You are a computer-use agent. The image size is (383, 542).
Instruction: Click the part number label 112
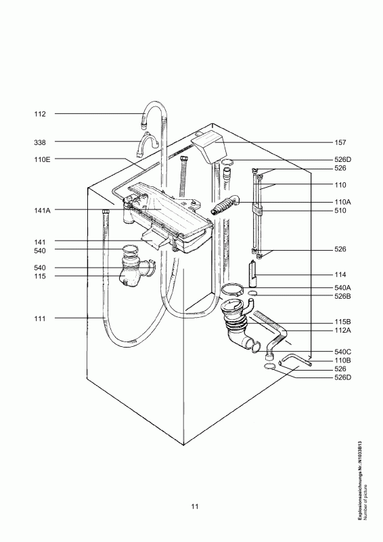click(x=40, y=114)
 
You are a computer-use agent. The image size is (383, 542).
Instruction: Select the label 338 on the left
click(x=40, y=142)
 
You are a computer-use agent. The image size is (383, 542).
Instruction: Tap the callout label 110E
click(x=42, y=160)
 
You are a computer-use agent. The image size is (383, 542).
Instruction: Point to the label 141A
click(x=42, y=211)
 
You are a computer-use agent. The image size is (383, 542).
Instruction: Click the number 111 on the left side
click(x=40, y=318)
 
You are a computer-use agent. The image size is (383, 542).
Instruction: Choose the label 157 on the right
click(x=340, y=142)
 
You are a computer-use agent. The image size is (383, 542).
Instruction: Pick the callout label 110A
click(x=342, y=202)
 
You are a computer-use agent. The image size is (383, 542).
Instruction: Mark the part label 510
click(x=340, y=211)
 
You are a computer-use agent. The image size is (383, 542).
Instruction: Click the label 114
click(x=340, y=275)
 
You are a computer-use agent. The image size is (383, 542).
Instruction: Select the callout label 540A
click(x=342, y=287)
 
